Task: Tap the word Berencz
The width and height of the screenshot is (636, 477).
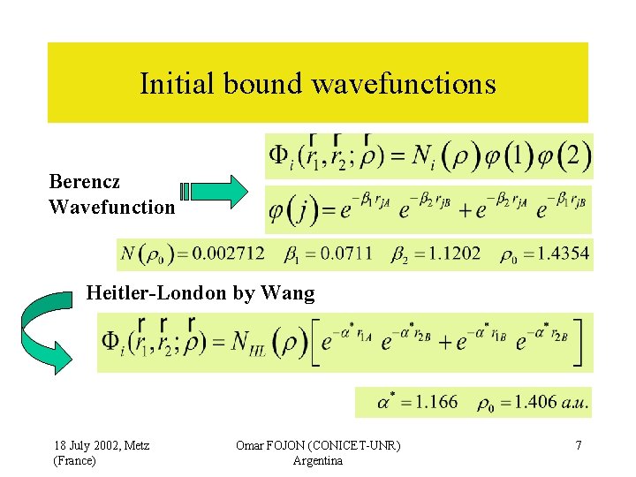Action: click(85, 182)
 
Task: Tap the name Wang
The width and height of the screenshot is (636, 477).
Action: click(291, 293)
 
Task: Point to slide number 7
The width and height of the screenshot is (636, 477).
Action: click(579, 445)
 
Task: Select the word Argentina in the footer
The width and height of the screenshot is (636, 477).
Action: click(317, 461)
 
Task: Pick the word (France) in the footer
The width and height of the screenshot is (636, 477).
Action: click(75, 461)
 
